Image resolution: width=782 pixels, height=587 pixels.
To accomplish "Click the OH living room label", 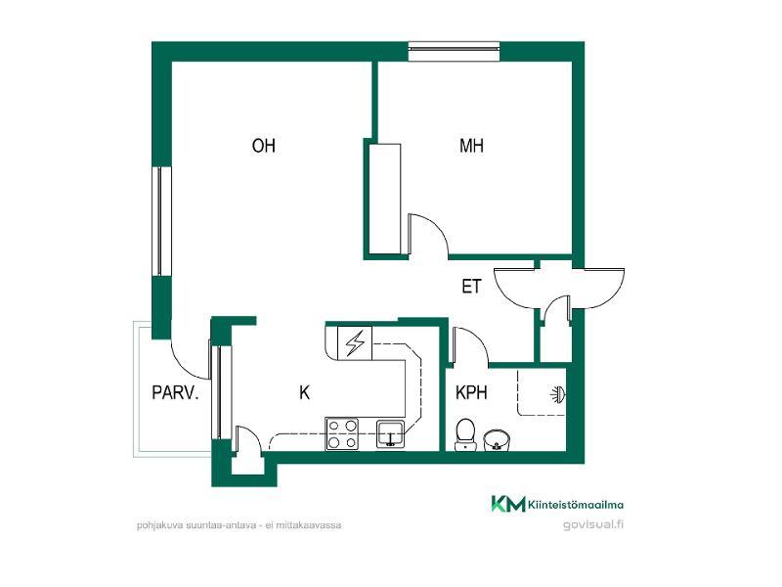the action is coord(263,146).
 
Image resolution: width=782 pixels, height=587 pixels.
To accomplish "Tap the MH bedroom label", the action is coord(471,146).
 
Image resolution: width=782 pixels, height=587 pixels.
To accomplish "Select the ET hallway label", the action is coord(471,287).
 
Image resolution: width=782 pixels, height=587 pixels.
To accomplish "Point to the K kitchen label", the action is coord(304,393).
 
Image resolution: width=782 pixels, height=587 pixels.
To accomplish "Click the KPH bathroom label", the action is coord(471,393).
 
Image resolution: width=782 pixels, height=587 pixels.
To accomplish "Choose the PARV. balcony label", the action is coord(175,393).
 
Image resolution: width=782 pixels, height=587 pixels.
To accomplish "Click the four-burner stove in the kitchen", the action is coord(342,434).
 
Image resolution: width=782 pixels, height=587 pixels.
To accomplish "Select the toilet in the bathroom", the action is coord(465,434).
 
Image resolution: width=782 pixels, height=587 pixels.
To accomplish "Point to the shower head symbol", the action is coord(558,395).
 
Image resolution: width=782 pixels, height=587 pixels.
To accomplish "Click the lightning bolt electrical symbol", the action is coord(355,343).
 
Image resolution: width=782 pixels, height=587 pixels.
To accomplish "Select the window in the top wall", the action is coord(454,51).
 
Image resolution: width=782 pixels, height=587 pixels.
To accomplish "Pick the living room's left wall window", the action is coord(161,221).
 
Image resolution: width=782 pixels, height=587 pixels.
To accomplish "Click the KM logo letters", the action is coord(508,504).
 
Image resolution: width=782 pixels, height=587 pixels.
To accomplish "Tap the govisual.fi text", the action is coord(593,524).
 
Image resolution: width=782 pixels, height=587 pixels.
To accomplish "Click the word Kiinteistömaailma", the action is coord(576,505).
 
